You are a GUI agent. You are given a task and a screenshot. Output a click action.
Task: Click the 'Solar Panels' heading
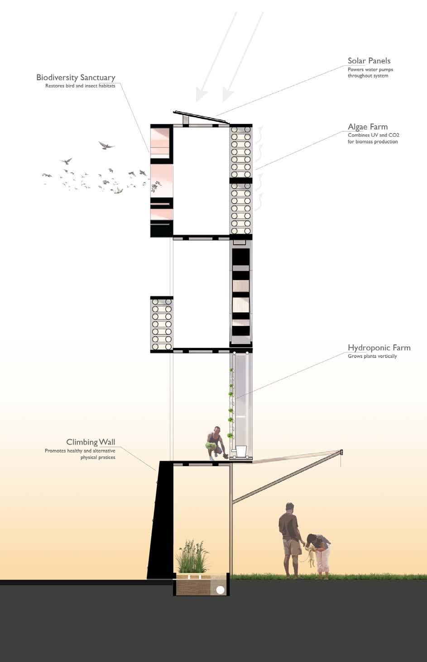tap(369, 61)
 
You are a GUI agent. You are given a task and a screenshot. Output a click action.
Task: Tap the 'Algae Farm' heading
tap(367, 127)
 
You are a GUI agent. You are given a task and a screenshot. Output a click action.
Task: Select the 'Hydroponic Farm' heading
tap(379, 348)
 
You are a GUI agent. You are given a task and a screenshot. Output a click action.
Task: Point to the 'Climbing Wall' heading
tap(91, 442)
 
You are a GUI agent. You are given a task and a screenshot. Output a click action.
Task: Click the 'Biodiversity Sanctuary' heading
tap(76, 77)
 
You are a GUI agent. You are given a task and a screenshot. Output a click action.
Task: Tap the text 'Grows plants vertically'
tap(372, 356)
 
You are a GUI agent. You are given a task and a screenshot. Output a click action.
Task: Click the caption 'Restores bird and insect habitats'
tap(80, 86)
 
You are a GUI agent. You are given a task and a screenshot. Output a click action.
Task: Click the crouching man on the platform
tap(215, 442)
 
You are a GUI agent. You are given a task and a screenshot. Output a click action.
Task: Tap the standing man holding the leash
tap(290, 538)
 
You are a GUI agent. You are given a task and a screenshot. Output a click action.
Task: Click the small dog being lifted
tap(310, 556)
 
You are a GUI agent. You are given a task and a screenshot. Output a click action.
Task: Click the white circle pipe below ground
tap(220, 590)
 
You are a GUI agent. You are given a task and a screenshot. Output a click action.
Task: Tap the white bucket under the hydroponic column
tap(241, 452)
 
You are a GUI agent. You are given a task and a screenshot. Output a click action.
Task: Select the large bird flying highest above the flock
tap(106, 146)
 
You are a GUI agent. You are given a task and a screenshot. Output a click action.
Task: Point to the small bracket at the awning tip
tap(341, 452)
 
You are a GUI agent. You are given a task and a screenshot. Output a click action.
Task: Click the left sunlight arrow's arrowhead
tap(200, 96)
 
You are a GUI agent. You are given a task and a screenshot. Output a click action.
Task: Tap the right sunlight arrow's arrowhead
tap(227, 96)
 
